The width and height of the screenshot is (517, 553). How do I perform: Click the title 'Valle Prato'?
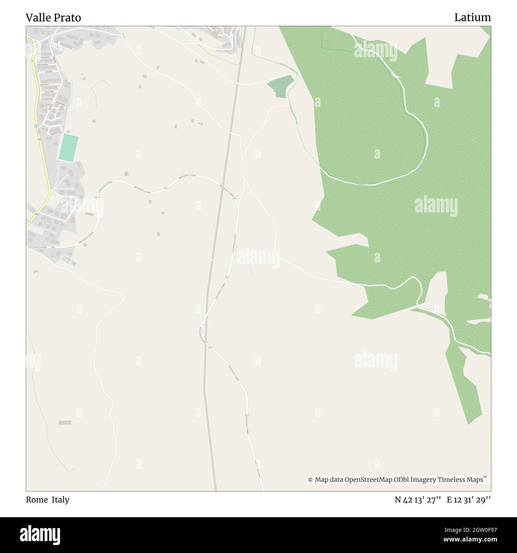(x=53, y=18)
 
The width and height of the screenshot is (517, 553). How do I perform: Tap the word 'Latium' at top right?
(x=472, y=18)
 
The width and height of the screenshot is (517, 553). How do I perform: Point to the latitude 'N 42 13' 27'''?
(x=418, y=500)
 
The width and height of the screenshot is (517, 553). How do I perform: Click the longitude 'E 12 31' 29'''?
(x=469, y=500)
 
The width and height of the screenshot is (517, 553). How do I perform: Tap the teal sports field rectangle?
(x=68, y=148)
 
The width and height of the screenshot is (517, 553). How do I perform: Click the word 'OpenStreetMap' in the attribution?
(x=368, y=480)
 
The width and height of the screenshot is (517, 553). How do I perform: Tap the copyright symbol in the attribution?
(x=310, y=480)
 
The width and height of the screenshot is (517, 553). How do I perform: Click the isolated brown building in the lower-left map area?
(x=64, y=422)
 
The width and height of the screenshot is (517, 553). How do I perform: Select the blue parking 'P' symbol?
(x=57, y=47)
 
